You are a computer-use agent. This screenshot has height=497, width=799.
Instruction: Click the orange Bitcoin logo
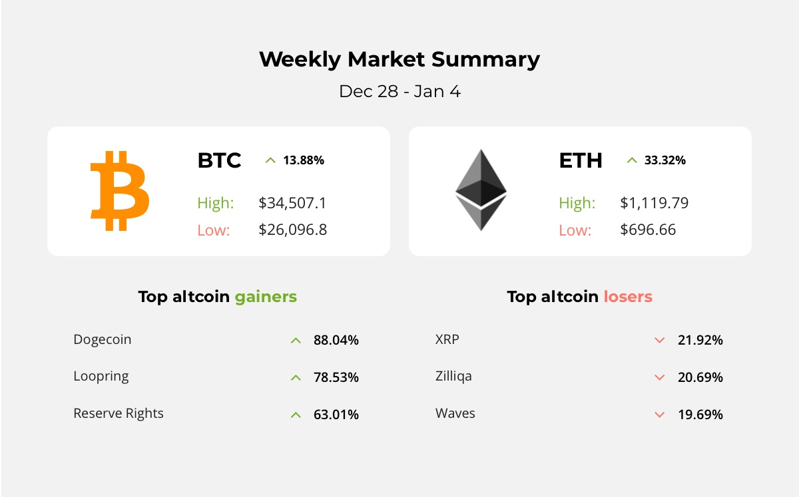point(120,191)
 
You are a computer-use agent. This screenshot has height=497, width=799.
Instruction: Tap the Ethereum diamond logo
point(481,190)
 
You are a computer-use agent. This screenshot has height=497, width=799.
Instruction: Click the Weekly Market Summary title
point(400,59)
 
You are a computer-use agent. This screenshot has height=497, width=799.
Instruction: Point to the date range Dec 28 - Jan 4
point(400,91)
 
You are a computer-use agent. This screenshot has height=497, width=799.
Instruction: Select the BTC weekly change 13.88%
point(303,160)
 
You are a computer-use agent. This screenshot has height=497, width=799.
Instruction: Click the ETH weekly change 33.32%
point(665,160)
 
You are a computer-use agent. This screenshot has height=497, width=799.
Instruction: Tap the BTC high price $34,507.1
point(292,203)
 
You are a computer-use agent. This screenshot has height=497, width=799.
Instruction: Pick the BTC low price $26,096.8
point(292,230)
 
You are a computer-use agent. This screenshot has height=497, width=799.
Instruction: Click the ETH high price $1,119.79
point(654,203)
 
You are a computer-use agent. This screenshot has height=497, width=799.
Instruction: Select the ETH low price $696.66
point(647,230)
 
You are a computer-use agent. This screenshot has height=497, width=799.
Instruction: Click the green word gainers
point(266,297)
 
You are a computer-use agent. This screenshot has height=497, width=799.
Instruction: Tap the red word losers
point(628,297)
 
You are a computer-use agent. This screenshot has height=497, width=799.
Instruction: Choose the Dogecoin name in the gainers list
point(103,339)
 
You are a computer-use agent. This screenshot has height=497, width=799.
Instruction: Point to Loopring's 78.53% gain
point(336,377)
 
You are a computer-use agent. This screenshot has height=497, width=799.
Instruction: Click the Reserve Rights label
point(119,413)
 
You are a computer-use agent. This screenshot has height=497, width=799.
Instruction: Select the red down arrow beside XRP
point(660,341)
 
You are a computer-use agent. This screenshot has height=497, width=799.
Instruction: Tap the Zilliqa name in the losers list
point(453,376)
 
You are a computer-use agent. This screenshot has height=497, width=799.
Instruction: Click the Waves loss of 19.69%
point(700,414)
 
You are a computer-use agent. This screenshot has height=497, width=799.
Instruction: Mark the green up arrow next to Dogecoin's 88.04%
point(296,341)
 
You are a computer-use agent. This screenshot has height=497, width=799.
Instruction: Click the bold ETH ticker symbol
point(581,160)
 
